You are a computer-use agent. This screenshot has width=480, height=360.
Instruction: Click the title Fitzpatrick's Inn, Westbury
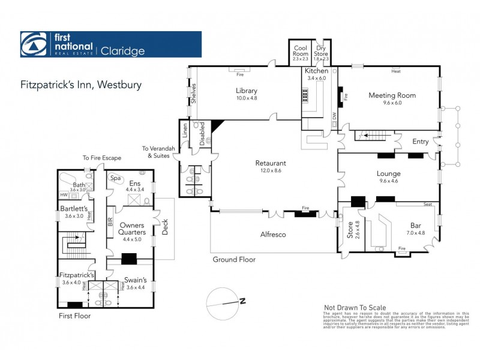pyautogui.click(x=81, y=85)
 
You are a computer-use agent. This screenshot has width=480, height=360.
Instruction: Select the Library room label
pyautogui.click(x=246, y=91)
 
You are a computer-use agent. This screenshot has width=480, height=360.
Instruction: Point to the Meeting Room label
pyautogui.click(x=392, y=95)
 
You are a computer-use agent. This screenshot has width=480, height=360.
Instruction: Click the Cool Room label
pyautogui.click(x=301, y=49)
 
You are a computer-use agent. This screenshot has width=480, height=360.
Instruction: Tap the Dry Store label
pyautogui.click(x=322, y=49)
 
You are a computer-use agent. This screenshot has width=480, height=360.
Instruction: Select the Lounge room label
pyautogui.click(x=389, y=173)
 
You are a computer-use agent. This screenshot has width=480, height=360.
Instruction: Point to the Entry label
pyautogui.click(x=421, y=142)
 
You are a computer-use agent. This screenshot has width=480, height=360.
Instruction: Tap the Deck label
pyautogui.click(x=165, y=226)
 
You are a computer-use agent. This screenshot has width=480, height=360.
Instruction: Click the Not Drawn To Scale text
pyautogui.click(x=355, y=307)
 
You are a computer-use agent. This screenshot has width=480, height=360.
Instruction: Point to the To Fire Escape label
pyautogui.click(x=102, y=158)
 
